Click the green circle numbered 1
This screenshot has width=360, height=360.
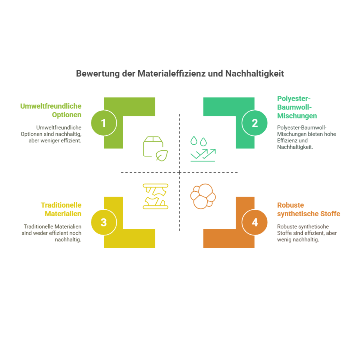pos(104,123)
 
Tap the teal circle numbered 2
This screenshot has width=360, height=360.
pos(254,123)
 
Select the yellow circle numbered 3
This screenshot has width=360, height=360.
pos(104,222)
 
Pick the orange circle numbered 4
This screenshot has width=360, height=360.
pos(254,222)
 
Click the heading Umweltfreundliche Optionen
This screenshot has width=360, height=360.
pos(51,110)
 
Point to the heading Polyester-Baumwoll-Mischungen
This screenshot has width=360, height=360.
pos(297,107)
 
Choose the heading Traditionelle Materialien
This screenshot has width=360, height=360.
pos(61,209)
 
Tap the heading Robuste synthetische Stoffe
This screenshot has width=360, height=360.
pos(309,209)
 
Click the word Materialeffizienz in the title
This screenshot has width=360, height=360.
pos(172,73)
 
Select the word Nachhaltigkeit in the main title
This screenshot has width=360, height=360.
pos(255,73)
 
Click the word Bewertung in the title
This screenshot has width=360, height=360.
pos(98,73)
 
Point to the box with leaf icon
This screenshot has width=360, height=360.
pos(155,149)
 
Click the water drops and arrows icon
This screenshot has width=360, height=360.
pos(203,149)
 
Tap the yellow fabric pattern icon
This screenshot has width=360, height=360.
pos(155,196)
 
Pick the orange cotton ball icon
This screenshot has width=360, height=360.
pos(203,196)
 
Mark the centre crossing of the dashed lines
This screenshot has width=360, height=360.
pos(179,172)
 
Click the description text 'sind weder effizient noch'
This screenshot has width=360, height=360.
pos(51,233)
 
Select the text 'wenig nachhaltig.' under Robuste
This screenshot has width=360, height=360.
pos(298,240)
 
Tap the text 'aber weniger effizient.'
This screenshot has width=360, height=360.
pos(55,141)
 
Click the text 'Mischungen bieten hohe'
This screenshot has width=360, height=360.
pos(306,134)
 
